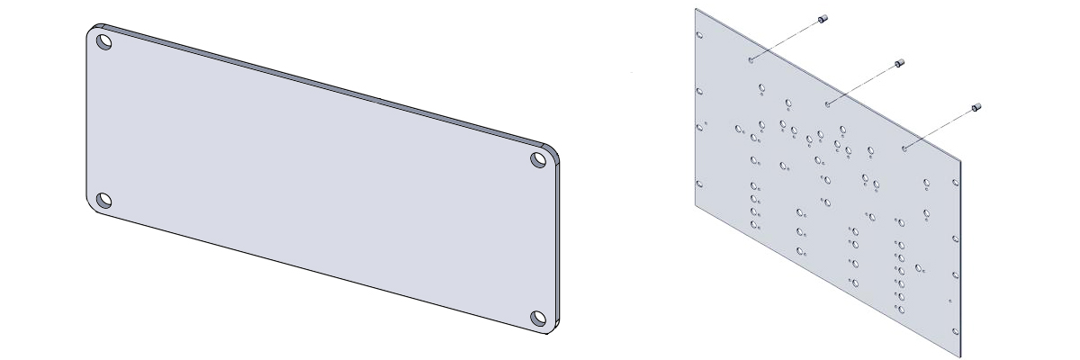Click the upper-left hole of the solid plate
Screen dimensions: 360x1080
point(104,41)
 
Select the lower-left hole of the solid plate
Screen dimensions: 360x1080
point(104,200)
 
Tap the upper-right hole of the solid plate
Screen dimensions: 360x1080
point(539,160)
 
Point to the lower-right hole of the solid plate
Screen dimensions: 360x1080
point(538,318)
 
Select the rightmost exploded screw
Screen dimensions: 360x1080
point(976,108)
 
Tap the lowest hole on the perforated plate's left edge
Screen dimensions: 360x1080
point(700,184)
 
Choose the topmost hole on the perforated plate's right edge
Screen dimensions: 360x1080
point(955,178)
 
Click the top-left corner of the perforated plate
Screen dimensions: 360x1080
point(696,10)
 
